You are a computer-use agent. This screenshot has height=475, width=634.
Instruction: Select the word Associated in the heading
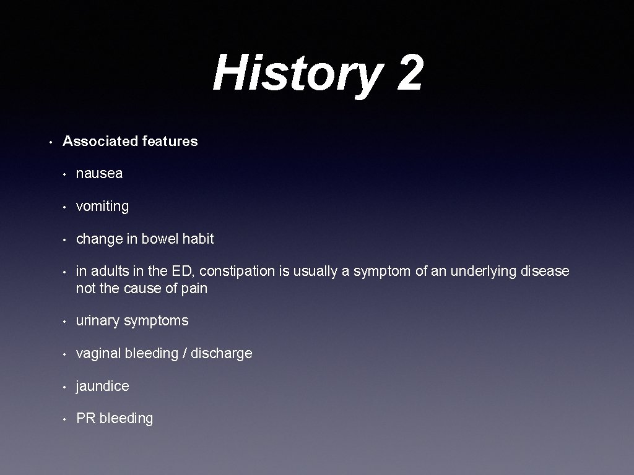click(100, 141)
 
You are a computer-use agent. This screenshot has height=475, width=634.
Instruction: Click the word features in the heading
click(170, 141)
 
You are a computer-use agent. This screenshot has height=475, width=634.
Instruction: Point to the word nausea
click(99, 174)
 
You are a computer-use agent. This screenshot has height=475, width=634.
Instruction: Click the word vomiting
click(102, 207)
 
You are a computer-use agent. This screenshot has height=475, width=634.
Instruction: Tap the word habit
click(198, 239)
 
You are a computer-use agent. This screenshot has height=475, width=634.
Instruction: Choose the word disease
click(544, 272)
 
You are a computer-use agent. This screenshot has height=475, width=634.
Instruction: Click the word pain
click(194, 288)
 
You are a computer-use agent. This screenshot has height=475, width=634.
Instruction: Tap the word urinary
click(98, 320)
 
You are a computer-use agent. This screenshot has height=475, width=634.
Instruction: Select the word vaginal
click(98, 353)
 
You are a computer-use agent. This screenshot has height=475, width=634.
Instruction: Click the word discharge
click(222, 353)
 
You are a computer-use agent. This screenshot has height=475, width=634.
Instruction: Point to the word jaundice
click(102, 386)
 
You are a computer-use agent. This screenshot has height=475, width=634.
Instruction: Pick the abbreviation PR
click(85, 418)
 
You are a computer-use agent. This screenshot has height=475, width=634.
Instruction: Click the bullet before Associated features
click(51, 142)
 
